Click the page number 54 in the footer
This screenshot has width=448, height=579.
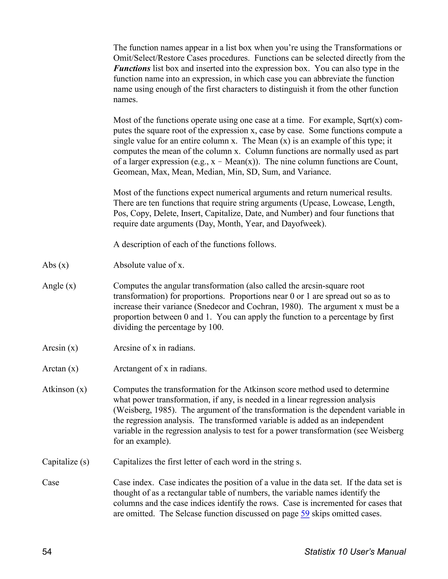pyautogui.click(x=47, y=552)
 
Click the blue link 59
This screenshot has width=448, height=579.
pyautogui.click(x=305, y=513)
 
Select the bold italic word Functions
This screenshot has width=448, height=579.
pyautogui.click(x=132, y=68)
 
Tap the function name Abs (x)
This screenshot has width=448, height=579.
pyautogui.click(x=56, y=265)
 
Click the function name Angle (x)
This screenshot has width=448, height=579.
pyautogui.click(x=59, y=286)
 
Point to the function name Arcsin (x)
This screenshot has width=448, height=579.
pyautogui.click(x=60, y=348)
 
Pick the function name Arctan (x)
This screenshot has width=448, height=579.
pyautogui.click(x=60, y=369)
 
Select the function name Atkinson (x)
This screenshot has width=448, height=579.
pyautogui.click(x=65, y=389)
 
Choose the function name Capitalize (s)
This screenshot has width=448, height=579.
pyautogui.click(x=66, y=462)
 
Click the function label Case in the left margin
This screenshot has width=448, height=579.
pyautogui.click(x=51, y=482)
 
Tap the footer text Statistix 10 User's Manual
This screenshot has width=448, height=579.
pyautogui.click(x=355, y=552)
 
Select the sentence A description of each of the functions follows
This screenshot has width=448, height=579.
pyautogui.click(x=194, y=244)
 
